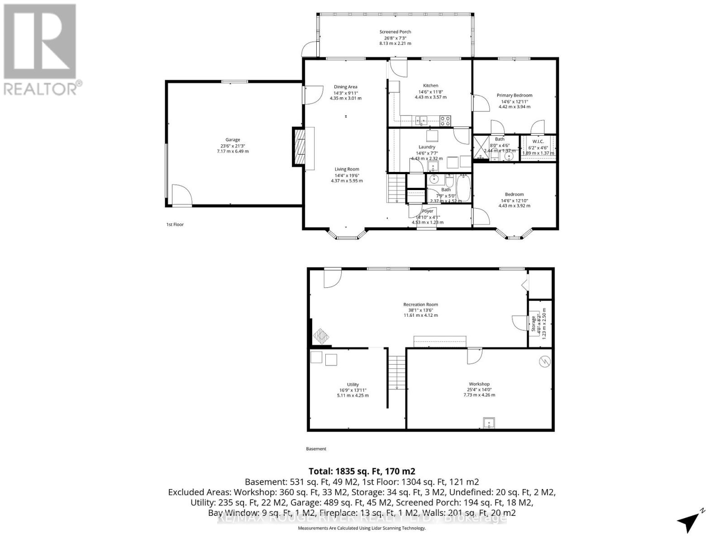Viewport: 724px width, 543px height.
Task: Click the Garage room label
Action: click(233, 140)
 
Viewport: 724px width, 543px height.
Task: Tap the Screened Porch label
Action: click(395, 32)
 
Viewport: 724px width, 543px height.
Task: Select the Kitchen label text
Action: click(430, 86)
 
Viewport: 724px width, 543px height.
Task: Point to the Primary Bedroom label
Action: click(514, 95)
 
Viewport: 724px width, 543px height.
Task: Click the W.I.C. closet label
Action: click(538, 142)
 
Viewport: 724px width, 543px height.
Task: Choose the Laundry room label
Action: click(427, 147)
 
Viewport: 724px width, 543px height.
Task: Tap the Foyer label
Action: click(428, 211)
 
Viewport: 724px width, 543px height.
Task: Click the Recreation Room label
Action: click(420, 305)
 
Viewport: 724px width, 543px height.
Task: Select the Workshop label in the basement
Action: click(479, 384)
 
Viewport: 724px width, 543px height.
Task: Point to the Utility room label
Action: click(352, 385)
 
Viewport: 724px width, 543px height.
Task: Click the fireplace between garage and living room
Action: click(299, 147)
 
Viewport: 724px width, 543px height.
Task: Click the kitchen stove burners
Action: click(445, 120)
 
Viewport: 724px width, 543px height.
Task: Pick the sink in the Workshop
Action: click(488, 423)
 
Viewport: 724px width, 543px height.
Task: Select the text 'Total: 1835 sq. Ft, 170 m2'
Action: click(362, 471)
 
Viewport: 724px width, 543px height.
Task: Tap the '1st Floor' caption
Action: click(175, 224)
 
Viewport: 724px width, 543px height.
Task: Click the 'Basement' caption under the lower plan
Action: click(316, 449)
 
